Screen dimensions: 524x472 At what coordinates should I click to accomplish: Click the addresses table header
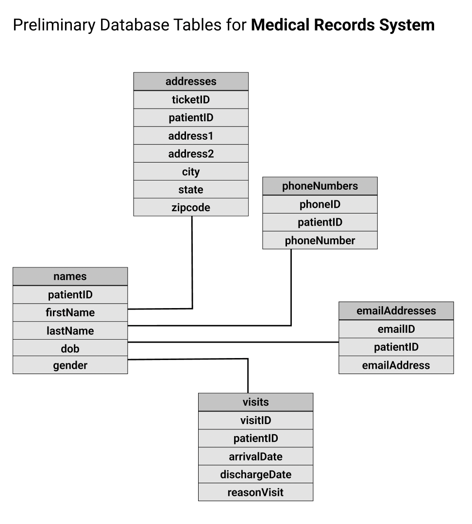(x=191, y=82)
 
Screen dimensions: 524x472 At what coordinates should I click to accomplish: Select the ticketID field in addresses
(x=191, y=100)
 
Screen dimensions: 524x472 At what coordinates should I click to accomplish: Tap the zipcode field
(x=191, y=208)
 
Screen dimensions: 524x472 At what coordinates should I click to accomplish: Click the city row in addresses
(x=191, y=172)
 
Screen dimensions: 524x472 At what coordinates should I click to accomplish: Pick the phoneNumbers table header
(x=320, y=186)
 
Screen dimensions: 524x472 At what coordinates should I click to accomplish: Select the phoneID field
(x=320, y=204)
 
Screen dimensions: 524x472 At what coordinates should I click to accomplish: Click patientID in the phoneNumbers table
(x=320, y=222)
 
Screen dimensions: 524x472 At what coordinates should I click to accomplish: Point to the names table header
(x=70, y=276)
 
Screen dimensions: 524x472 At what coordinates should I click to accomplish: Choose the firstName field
(x=70, y=312)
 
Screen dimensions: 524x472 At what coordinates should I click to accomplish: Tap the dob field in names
(x=70, y=348)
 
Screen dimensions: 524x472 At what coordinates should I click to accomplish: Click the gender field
(x=70, y=365)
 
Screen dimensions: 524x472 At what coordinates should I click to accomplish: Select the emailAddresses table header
(x=396, y=311)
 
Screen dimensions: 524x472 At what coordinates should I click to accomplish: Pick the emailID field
(x=396, y=329)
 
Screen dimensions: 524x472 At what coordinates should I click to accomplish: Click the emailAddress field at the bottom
(x=396, y=365)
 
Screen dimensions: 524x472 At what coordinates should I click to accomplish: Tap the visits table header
(x=255, y=402)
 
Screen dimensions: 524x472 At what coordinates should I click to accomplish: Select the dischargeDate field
(x=255, y=474)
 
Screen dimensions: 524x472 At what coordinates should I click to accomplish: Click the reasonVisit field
(x=255, y=492)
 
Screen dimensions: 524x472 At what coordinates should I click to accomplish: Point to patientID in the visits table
(x=255, y=438)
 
